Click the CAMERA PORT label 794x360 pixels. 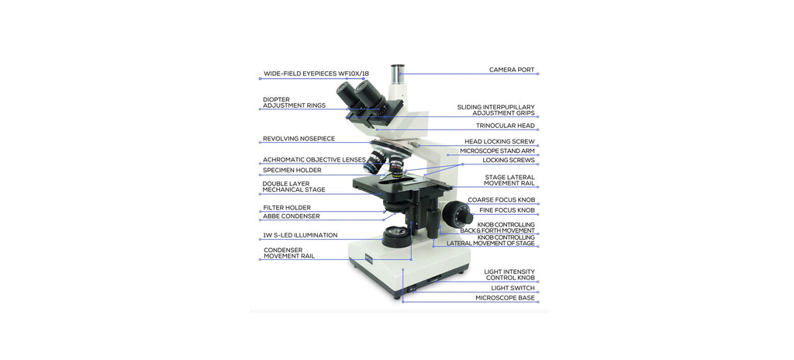[x=511, y=70]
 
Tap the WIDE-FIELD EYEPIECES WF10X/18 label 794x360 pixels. [x=316, y=74]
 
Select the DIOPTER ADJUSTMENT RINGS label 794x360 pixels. [x=294, y=102]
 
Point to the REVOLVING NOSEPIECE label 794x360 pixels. [x=299, y=139]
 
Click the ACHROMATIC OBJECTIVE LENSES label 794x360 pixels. [x=313, y=160]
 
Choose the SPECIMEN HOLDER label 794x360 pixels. [x=292, y=170]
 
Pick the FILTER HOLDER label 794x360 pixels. [x=286, y=207]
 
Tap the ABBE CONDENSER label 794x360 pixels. [x=291, y=216]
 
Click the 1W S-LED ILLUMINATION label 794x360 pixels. [x=299, y=234]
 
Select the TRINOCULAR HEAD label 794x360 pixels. [x=505, y=126]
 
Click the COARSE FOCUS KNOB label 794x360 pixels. [x=501, y=200]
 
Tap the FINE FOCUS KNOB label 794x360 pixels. [x=506, y=210]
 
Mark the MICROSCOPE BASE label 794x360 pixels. [x=505, y=298]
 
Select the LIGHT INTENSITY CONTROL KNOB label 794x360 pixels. [x=509, y=275]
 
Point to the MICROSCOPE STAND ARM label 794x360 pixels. [x=497, y=151]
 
